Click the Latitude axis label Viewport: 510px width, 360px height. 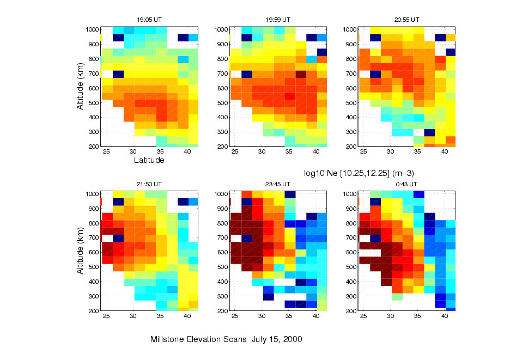pos(149,161)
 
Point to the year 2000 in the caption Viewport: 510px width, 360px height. pos(293,339)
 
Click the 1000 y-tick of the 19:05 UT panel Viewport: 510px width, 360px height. pos(92,29)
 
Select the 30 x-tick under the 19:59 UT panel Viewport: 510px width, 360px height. pos(262,152)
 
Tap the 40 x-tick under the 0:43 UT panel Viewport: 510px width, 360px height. pos(445,317)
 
